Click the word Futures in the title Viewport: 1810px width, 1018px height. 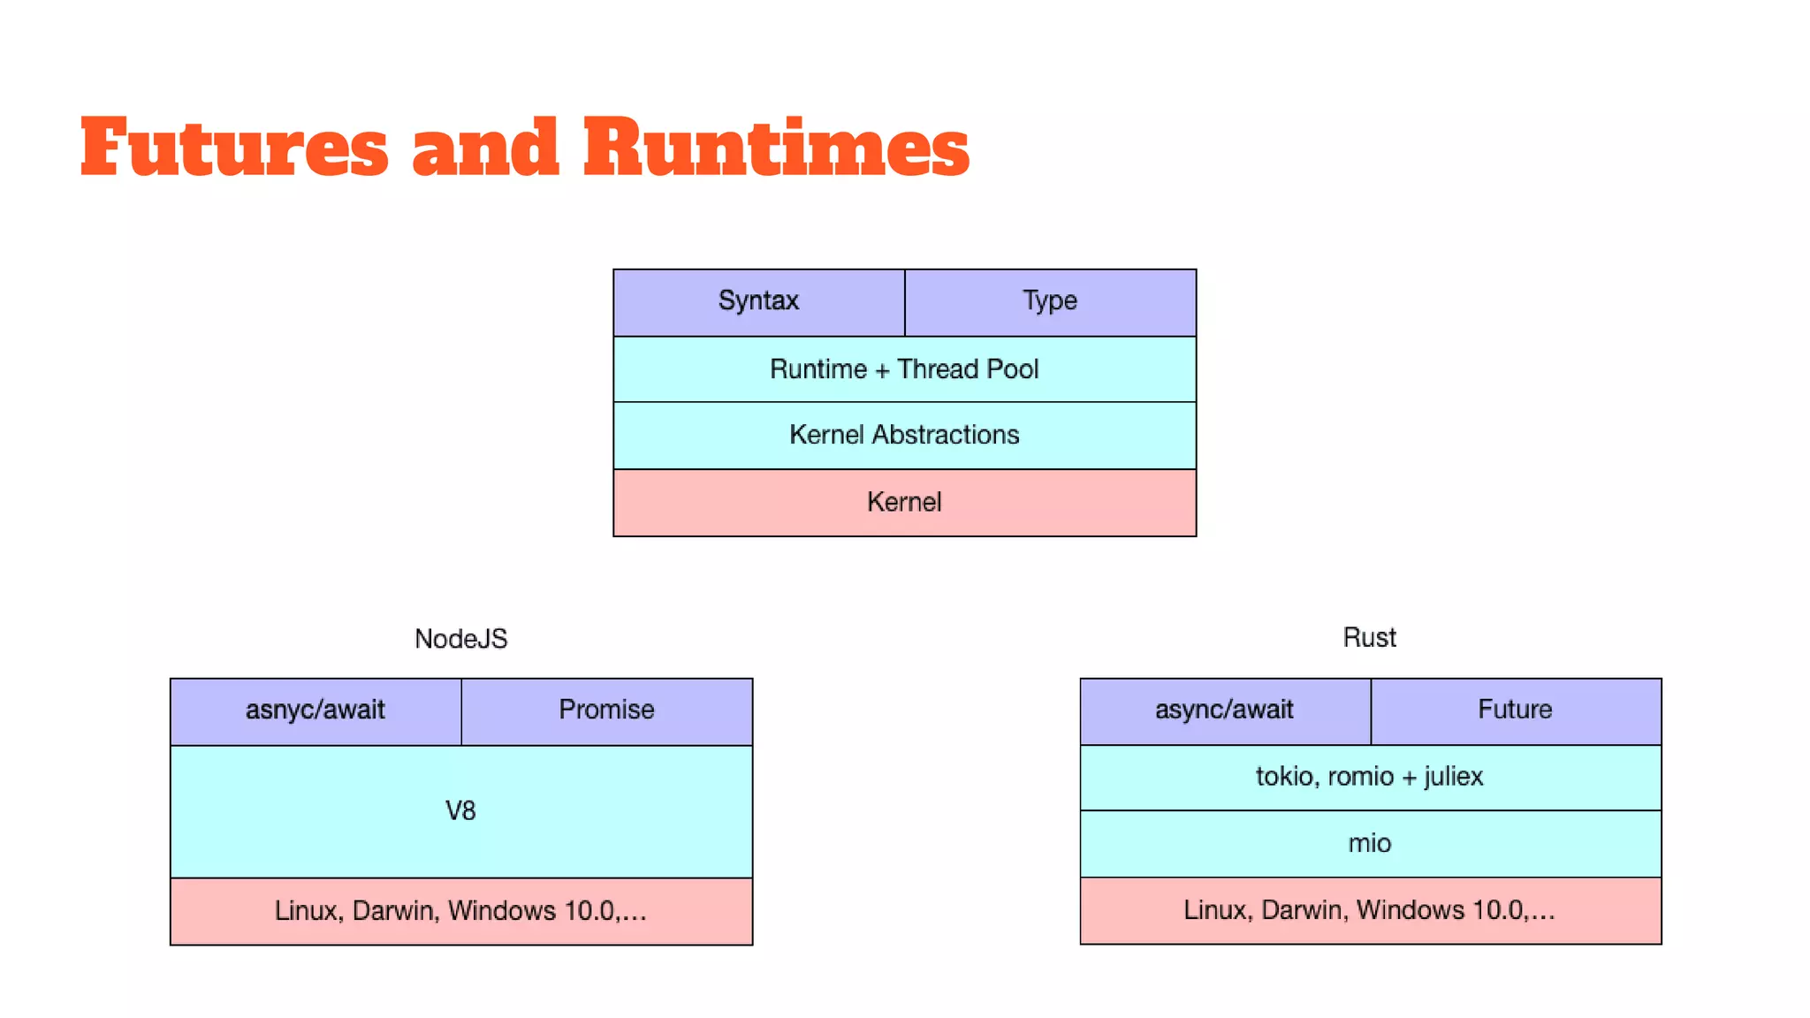pyautogui.click(x=233, y=148)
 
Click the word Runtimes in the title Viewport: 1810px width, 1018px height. pyautogui.click(x=776, y=148)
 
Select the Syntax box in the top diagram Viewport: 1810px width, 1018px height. pyautogui.click(x=758, y=301)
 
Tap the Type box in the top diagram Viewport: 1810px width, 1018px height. pyautogui.click(x=1050, y=301)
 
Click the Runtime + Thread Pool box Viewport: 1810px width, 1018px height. pyautogui.click(x=904, y=369)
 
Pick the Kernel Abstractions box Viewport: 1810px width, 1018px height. pyautogui.click(x=904, y=435)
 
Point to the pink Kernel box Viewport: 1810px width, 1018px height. pyautogui.click(x=904, y=502)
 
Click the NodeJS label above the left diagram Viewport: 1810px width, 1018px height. pyautogui.click(x=460, y=639)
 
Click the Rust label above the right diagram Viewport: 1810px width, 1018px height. pyautogui.click(x=1369, y=638)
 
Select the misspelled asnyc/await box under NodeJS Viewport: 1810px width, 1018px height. pyautogui.click(x=316, y=710)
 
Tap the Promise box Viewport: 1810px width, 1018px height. pyautogui.click(x=606, y=710)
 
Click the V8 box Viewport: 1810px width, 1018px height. pyautogui.click(x=460, y=811)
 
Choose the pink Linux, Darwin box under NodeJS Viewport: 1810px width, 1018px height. pyautogui.click(x=460, y=911)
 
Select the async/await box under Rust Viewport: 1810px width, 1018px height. pyautogui.click(x=1224, y=710)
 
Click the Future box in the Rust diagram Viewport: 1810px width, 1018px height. pyautogui.click(x=1515, y=710)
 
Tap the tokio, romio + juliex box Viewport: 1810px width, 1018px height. pyautogui.click(x=1369, y=777)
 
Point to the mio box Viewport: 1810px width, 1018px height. pyautogui.click(x=1369, y=844)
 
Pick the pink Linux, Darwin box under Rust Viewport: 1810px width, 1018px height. pyautogui.click(x=1369, y=910)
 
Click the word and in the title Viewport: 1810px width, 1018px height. pyautogui.click(x=485, y=148)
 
